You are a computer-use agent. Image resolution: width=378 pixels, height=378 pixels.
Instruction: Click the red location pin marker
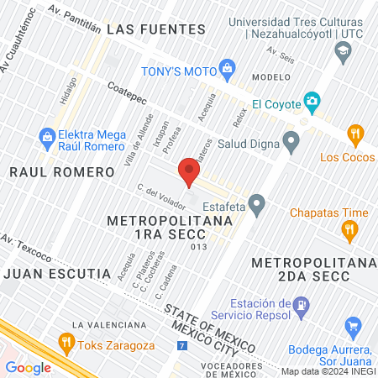pos(190,172)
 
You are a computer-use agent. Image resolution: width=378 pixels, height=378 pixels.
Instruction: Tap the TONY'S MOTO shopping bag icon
pos(226,68)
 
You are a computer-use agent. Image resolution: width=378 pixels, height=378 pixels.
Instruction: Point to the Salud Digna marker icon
pos(291,141)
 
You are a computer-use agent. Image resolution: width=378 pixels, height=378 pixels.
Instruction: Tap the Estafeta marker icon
pos(257,202)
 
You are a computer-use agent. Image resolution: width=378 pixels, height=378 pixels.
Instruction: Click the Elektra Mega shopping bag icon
pos(47,135)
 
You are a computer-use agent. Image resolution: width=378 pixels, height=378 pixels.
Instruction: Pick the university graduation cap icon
pos(343,52)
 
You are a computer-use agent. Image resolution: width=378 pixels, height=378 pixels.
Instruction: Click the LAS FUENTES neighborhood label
pos(157,29)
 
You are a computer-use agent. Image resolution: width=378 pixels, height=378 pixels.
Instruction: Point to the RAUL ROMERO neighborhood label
pos(61,172)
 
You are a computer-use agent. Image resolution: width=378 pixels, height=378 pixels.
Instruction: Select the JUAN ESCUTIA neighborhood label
pos(57,274)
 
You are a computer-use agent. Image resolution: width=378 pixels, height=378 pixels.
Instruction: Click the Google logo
pos(28,367)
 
